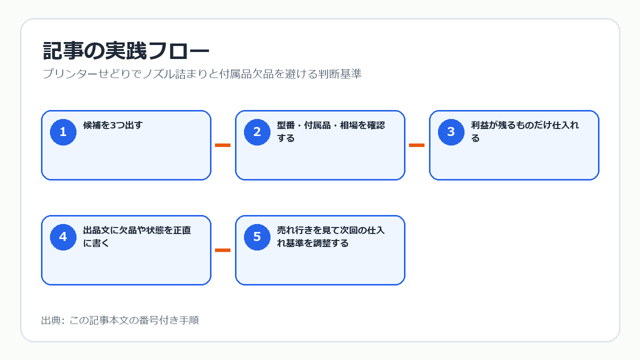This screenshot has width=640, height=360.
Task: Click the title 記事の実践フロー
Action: click(126, 51)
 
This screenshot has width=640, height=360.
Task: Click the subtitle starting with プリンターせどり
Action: click(202, 73)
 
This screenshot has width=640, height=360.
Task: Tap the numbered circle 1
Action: click(63, 132)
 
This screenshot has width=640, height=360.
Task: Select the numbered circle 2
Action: click(257, 132)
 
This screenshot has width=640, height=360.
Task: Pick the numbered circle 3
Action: click(451, 132)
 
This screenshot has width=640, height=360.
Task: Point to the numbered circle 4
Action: click(63, 237)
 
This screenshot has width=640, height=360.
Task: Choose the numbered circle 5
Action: click(257, 237)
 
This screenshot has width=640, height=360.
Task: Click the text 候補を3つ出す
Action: click(113, 125)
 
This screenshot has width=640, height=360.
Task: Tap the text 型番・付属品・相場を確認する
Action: click(331, 131)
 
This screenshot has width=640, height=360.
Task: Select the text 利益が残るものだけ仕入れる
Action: click(525, 131)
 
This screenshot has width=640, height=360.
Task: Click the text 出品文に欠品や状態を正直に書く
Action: click(137, 236)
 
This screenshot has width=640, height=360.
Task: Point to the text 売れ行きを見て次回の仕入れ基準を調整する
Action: click(331, 236)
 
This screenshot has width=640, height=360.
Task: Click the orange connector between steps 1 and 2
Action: click(222, 145)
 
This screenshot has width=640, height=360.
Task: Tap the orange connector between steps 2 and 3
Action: click(416, 145)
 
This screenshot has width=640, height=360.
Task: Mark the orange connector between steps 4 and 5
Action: click(222, 250)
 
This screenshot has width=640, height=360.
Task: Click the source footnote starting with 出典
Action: click(120, 320)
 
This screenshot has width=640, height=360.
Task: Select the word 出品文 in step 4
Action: click(96, 230)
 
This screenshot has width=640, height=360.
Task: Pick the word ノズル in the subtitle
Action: click(159, 73)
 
